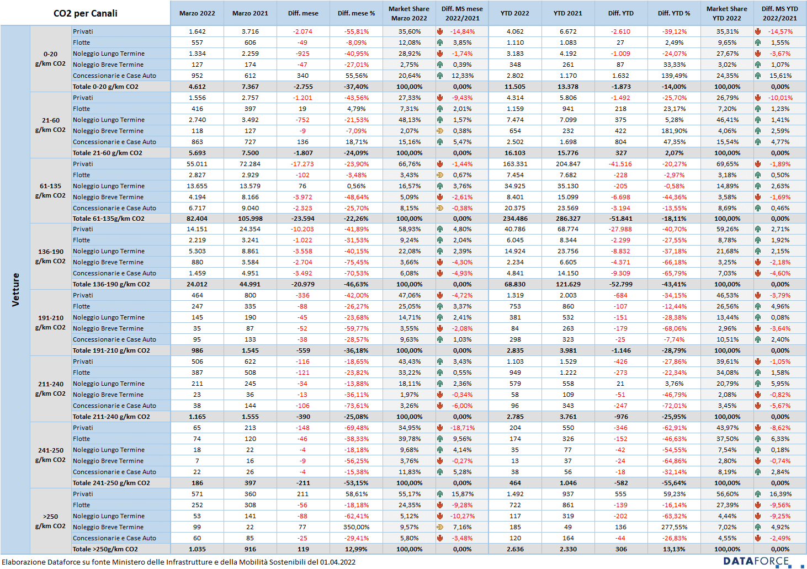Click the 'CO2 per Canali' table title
pos(86,13)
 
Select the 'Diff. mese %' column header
pos(356,13)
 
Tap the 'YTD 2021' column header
pos(568,13)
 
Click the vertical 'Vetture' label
pos(15,290)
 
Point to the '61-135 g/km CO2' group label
pos(50,191)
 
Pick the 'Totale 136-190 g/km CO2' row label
pos(111,284)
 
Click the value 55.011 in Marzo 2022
pos(197,164)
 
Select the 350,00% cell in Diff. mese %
pos(356,527)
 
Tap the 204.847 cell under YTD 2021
pos(568,164)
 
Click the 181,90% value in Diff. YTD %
pos(674,131)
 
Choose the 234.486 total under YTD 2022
pos(515,219)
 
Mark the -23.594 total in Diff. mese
pos(303,219)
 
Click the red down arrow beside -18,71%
pos(440,428)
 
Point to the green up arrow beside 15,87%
pos(440,494)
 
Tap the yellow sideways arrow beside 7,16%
pos(440,527)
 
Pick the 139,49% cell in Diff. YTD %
pos(674,76)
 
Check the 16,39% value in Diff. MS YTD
pos(781,494)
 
